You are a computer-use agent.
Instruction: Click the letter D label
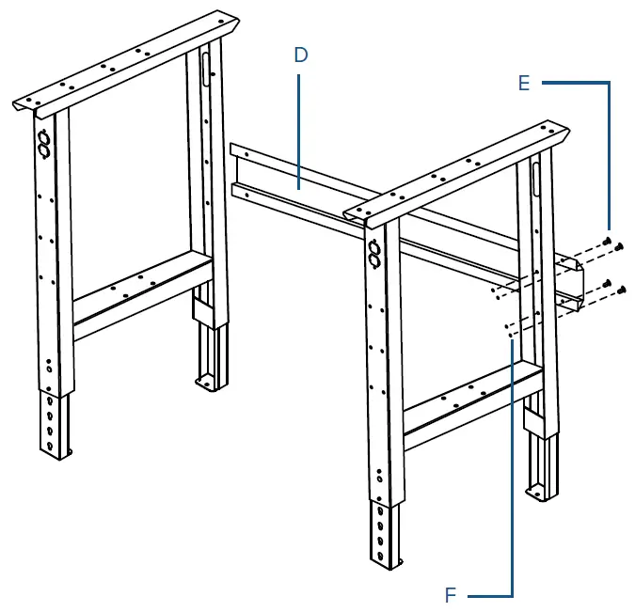pyautogui.click(x=300, y=55)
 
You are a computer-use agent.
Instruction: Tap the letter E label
pyautogui.click(x=524, y=83)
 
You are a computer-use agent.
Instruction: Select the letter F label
pyautogui.click(x=451, y=594)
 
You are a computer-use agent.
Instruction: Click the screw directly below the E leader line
pyautogui.click(x=609, y=243)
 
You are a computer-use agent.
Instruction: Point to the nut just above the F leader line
pyautogui.click(x=509, y=329)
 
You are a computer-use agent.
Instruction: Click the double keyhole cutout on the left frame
pyautogui.click(x=43, y=143)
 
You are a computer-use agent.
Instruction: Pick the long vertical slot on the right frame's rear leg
pyautogui.click(x=536, y=178)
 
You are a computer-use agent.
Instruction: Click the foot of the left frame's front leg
pyautogui.click(x=61, y=454)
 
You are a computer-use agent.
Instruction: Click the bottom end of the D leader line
pyautogui.click(x=300, y=189)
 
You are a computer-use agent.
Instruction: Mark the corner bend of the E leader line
pyautogui.click(x=609, y=83)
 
